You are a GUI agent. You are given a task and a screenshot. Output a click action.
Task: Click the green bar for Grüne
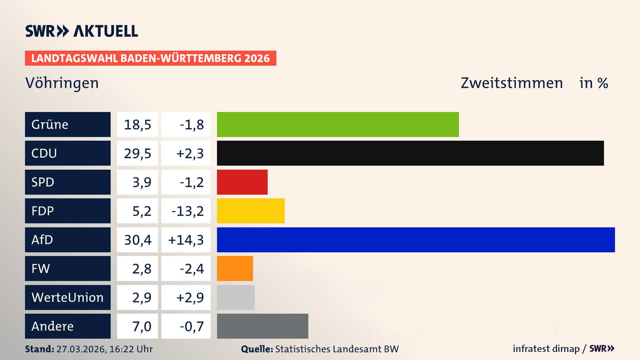point(338,124)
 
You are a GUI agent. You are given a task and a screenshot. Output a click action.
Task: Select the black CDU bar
point(410,153)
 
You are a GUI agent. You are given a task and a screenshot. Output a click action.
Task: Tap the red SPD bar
point(242,182)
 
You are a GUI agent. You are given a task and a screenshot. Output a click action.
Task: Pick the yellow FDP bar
point(251,211)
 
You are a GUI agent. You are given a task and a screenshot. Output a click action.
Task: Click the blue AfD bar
point(416,240)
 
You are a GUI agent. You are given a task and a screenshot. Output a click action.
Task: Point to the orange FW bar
point(235,268)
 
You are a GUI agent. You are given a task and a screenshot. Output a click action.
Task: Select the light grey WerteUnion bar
point(236,297)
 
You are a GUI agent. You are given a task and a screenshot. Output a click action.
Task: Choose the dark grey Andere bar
point(262,326)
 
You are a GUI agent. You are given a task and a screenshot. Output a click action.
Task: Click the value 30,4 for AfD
point(138,240)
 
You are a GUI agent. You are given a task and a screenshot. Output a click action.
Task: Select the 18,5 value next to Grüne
point(138,124)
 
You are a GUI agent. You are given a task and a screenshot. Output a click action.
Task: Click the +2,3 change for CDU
point(189,153)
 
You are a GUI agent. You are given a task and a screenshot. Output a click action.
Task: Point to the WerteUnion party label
point(68,297)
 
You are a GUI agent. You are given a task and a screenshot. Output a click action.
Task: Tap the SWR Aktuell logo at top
point(82,31)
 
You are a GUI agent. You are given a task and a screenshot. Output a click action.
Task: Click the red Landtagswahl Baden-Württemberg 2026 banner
point(150,58)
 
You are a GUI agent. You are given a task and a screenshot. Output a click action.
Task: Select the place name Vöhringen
point(62,83)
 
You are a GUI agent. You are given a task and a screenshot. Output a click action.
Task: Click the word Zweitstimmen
point(512,83)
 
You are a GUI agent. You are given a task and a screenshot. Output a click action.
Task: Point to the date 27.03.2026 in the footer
point(81,349)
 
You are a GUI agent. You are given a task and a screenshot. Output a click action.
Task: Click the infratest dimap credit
point(546,349)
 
